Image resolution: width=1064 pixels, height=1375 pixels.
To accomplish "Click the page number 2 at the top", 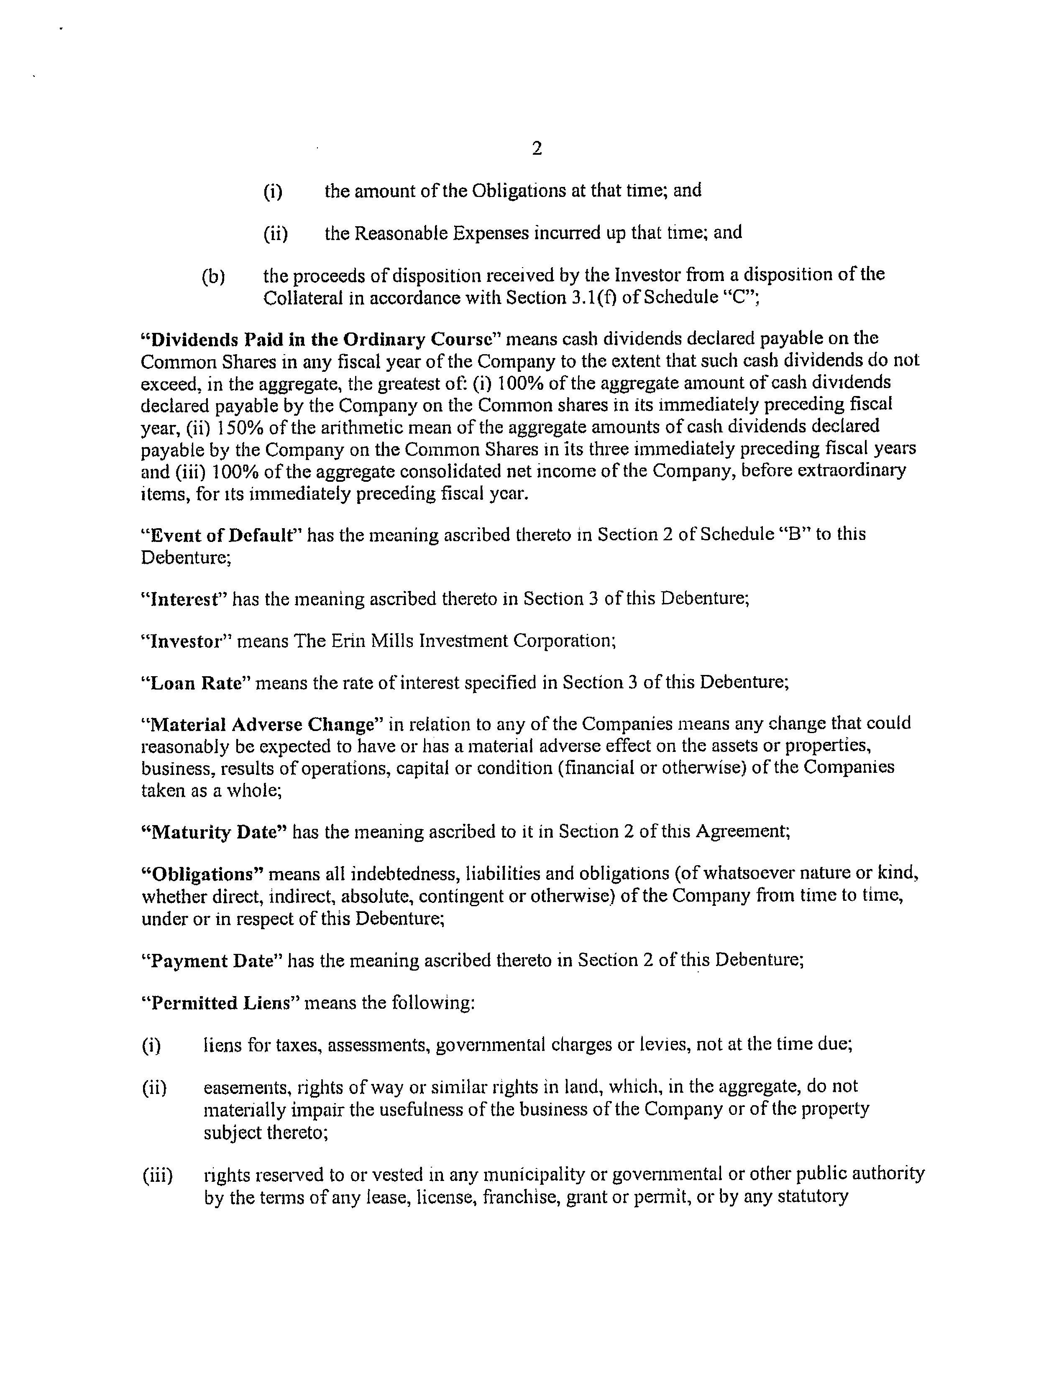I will (x=537, y=148).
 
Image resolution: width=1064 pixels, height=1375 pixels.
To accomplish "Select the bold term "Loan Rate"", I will (x=192, y=683).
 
